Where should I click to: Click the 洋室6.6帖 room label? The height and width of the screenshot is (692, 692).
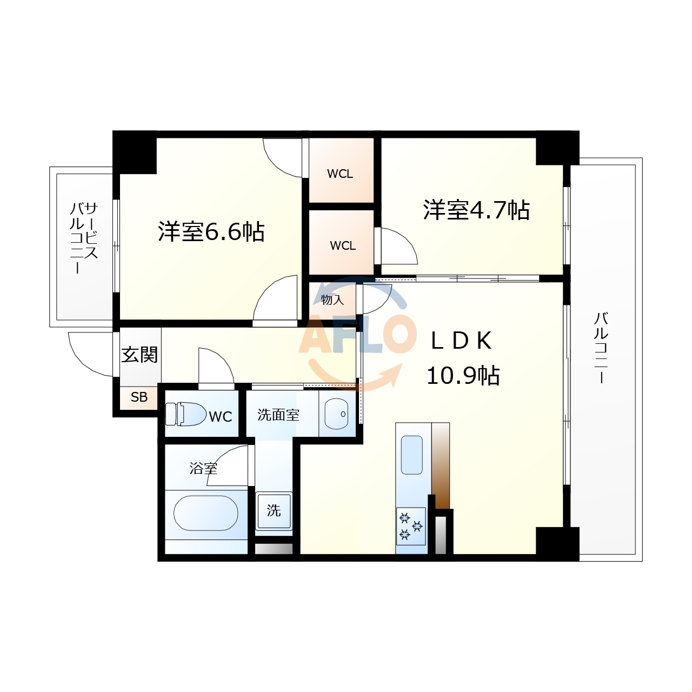pyautogui.click(x=211, y=231)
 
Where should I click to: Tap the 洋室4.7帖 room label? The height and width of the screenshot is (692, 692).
pyautogui.click(x=476, y=210)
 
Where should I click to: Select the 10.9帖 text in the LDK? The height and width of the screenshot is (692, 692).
pyautogui.click(x=463, y=376)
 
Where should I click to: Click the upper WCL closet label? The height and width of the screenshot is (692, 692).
pyautogui.click(x=340, y=174)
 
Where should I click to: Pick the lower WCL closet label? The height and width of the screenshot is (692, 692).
pyautogui.click(x=343, y=245)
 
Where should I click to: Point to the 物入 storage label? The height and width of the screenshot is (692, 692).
pyautogui.click(x=332, y=300)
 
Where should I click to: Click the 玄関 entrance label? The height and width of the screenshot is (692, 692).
pyautogui.click(x=139, y=355)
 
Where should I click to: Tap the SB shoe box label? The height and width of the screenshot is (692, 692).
pyautogui.click(x=139, y=397)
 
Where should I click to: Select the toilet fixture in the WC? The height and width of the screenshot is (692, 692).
pyautogui.click(x=185, y=414)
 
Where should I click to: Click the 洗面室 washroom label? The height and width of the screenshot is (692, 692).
pyautogui.click(x=278, y=415)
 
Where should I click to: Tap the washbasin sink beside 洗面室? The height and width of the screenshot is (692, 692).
pyautogui.click(x=336, y=414)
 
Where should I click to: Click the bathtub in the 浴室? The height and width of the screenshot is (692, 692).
pyautogui.click(x=206, y=513)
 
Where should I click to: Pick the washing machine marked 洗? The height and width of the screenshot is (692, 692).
pyautogui.click(x=274, y=511)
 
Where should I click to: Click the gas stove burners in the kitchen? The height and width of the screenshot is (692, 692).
pyautogui.click(x=411, y=526)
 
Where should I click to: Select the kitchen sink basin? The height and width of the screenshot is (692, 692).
pyautogui.click(x=411, y=455)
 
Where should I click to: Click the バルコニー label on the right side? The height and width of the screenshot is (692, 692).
pyautogui.click(x=601, y=348)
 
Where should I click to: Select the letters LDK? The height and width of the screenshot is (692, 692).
pyautogui.click(x=461, y=341)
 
